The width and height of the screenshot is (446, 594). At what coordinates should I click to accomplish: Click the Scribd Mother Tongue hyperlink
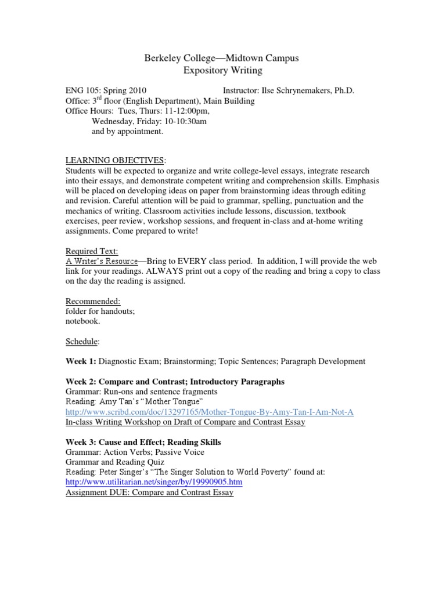click(209, 412)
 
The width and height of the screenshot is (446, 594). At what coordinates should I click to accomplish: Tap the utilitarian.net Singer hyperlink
click(154, 482)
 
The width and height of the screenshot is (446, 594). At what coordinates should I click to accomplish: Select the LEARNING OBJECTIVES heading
click(115, 160)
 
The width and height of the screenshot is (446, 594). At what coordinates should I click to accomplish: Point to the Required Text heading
click(92, 251)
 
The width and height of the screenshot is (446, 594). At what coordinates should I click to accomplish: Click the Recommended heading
click(93, 301)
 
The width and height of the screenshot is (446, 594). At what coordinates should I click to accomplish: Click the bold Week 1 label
click(81, 361)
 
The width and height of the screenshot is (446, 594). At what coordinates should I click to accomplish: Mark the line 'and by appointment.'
click(128, 131)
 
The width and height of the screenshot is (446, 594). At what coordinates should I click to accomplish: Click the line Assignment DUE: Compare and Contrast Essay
click(150, 492)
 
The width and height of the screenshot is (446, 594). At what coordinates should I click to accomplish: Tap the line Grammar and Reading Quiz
click(115, 462)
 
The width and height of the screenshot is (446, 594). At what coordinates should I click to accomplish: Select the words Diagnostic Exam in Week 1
click(128, 361)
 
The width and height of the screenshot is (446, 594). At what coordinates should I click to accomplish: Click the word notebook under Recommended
click(82, 321)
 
